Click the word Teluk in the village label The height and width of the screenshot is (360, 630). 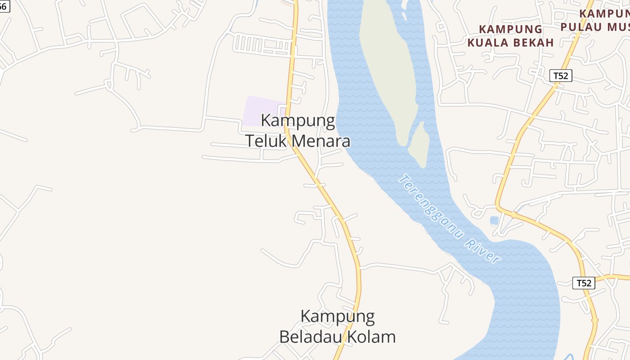(x=265, y=141)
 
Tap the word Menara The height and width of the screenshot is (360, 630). (x=320, y=141)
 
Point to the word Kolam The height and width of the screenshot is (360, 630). (x=375, y=337)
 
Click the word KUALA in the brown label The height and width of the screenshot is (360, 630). (x=488, y=43)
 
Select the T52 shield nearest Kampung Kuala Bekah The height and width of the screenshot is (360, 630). (x=561, y=76)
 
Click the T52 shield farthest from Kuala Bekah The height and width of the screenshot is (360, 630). (x=584, y=283)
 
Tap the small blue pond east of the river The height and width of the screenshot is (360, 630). (x=494, y=220)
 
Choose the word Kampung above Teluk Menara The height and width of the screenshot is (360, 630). (x=298, y=121)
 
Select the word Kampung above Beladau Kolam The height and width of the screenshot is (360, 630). (x=337, y=316)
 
